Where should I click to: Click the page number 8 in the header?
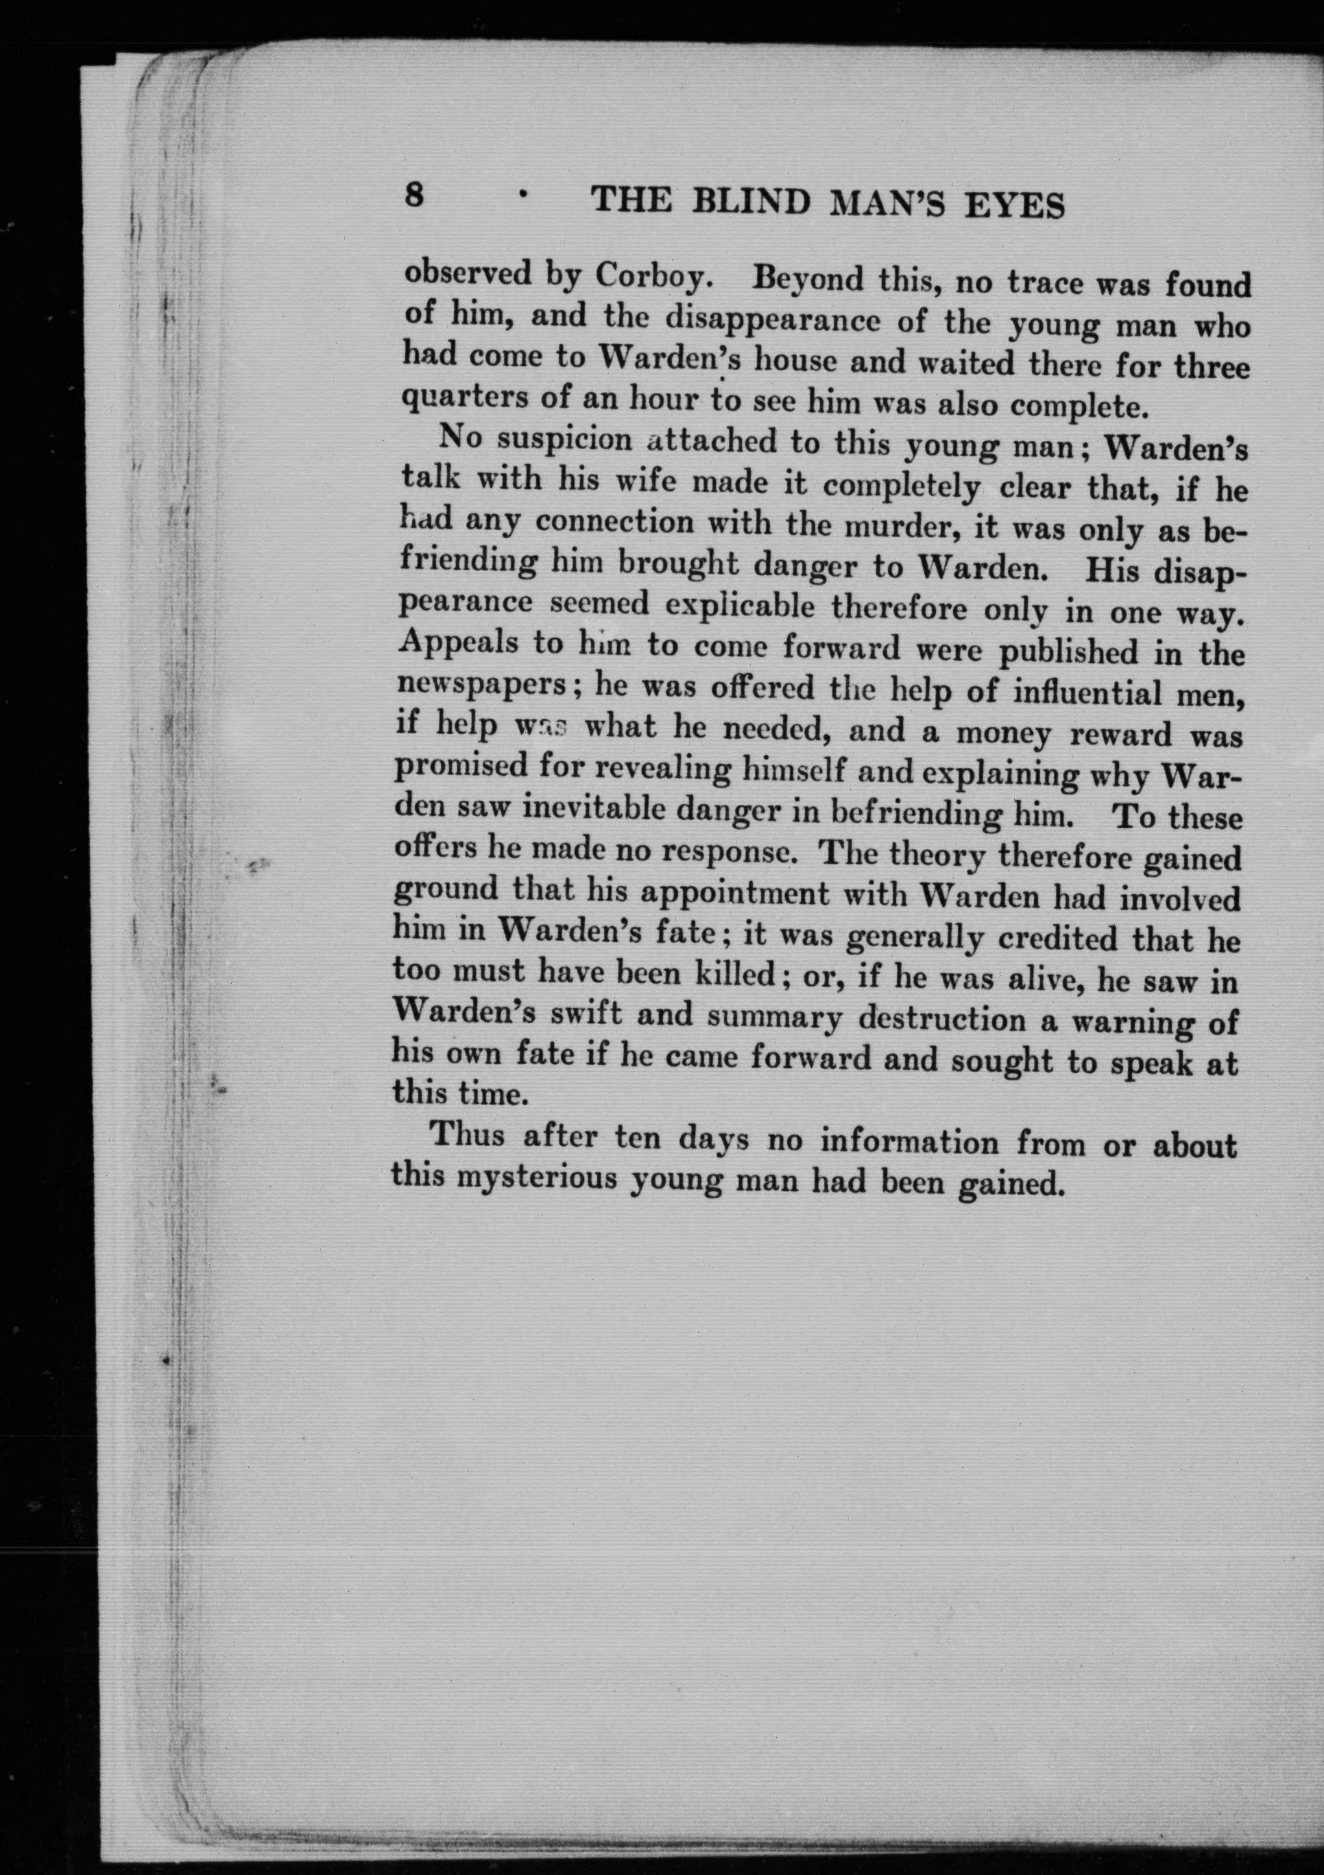[x=414, y=196]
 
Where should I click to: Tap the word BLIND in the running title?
[x=755, y=202]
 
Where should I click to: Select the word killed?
[x=735, y=976]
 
